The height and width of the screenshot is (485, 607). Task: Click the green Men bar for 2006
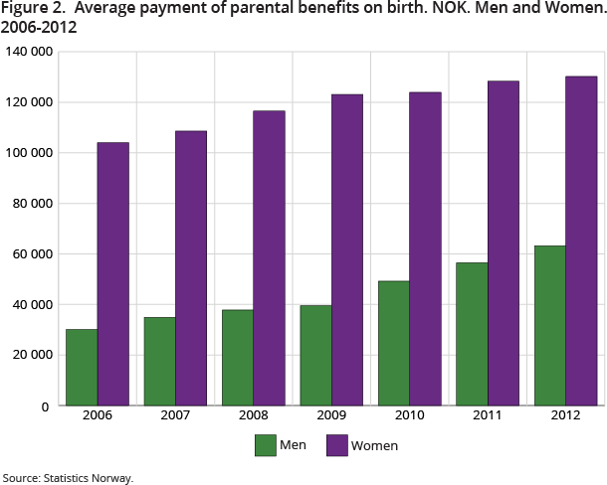pyautogui.click(x=82, y=368)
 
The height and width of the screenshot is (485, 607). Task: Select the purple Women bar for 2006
pyautogui.click(x=112, y=274)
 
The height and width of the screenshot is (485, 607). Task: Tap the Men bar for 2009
pyautogui.click(x=315, y=356)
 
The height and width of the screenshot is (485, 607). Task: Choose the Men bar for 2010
pyautogui.click(x=393, y=344)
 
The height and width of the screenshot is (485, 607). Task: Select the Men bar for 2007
pyautogui.click(x=159, y=362)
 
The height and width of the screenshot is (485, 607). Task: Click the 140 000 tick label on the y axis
pyautogui.click(x=27, y=52)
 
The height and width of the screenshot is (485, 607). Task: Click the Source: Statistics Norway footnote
pyautogui.click(x=68, y=477)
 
